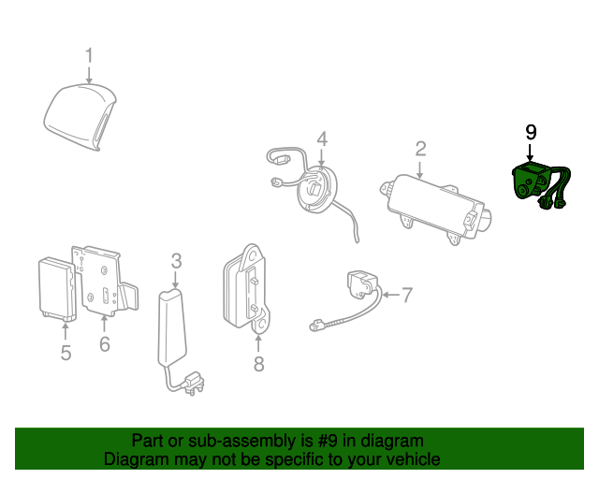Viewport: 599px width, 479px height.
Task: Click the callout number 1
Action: click(90, 55)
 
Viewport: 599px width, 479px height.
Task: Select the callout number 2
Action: click(421, 148)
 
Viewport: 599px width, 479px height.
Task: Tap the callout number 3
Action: click(176, 261)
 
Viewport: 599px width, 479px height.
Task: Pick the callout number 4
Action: click(321, 139)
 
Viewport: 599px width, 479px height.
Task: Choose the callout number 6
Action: click(104, 344)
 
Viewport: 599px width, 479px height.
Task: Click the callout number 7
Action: click(406, 295)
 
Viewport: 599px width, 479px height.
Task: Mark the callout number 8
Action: click(259, 363)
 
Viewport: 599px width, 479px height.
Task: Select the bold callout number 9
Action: click(531, 132)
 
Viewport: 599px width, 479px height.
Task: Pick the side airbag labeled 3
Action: click(172, 327)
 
